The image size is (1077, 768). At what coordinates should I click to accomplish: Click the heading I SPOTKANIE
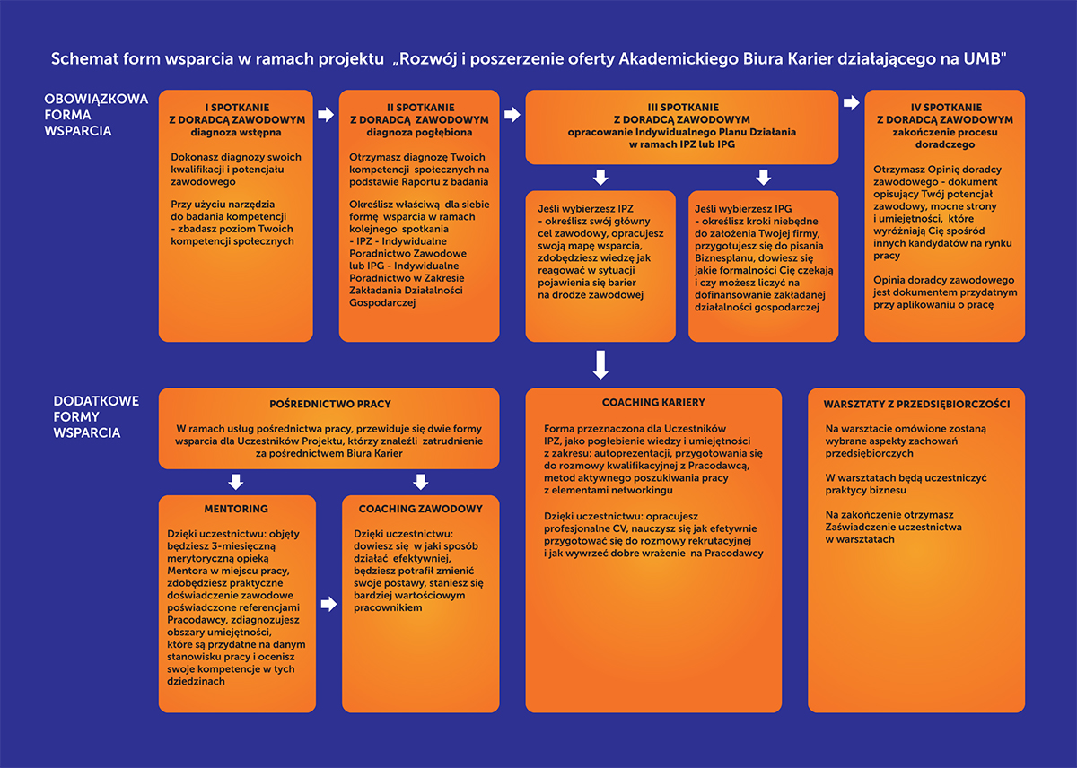point(237,108)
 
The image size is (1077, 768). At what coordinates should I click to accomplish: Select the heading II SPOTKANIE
point(419,108)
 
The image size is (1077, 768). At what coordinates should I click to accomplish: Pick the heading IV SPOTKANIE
point(944,108)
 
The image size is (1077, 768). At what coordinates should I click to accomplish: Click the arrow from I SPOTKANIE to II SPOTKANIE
point(326,115)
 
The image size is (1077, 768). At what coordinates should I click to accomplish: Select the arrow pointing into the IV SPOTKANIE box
point(852,103)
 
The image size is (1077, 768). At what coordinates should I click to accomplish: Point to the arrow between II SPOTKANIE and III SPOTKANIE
point(512,115)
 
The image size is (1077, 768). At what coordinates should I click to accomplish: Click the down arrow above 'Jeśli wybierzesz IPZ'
point(600,177)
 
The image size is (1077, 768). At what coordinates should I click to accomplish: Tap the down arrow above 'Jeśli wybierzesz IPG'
point(764,177)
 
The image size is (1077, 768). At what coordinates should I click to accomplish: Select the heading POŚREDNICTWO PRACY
point(330,405)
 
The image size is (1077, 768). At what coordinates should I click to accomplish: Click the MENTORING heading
point(237,509)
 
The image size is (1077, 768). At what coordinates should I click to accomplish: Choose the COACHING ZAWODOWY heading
point(421,509)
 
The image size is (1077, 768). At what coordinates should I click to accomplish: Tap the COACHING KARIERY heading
point(653,403)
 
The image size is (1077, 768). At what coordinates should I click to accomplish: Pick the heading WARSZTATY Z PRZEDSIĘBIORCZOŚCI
point(916,405)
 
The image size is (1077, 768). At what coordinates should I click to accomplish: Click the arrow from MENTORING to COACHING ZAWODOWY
point(328,604)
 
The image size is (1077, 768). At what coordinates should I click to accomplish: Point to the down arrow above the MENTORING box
point(237,482)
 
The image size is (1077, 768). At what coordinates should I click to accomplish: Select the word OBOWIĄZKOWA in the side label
point(96,100)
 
